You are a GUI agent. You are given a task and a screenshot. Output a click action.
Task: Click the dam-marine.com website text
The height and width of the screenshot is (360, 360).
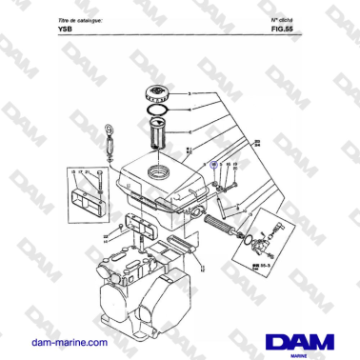pos(66,340)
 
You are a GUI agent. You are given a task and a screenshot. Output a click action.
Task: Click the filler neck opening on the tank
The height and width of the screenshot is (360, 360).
pos(156,170)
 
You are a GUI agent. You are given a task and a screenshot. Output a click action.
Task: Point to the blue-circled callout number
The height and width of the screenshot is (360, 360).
pos(213,164)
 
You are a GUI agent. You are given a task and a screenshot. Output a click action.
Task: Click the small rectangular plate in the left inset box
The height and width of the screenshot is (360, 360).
pos(83,205)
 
